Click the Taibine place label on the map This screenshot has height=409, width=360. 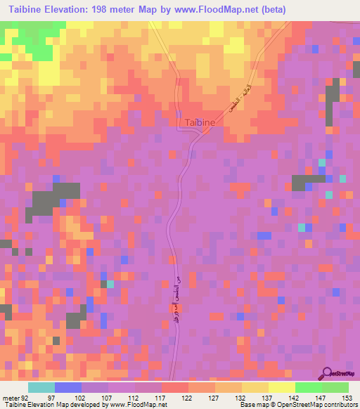(x=199, y=122)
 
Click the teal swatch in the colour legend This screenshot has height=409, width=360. (x=41, y=388)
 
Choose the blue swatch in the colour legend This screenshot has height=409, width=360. (x=67, y=388)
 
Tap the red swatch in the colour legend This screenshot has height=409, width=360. (x=174, y=388)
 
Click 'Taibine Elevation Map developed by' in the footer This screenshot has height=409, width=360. (x=51, y=404)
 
